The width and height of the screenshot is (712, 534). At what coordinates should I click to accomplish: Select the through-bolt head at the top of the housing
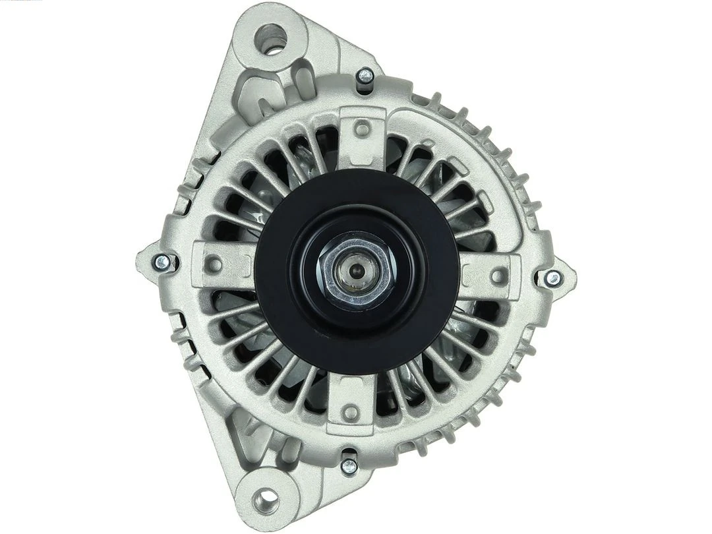click(365, 77)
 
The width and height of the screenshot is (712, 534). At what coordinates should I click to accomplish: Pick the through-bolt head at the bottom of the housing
click(349, 465)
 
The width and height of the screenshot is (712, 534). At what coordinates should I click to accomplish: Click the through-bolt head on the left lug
click(162, 263)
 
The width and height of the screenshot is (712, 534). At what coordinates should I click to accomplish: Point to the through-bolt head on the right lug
click(552, 278)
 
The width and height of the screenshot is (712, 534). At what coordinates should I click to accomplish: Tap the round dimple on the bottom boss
click(351, 413)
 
